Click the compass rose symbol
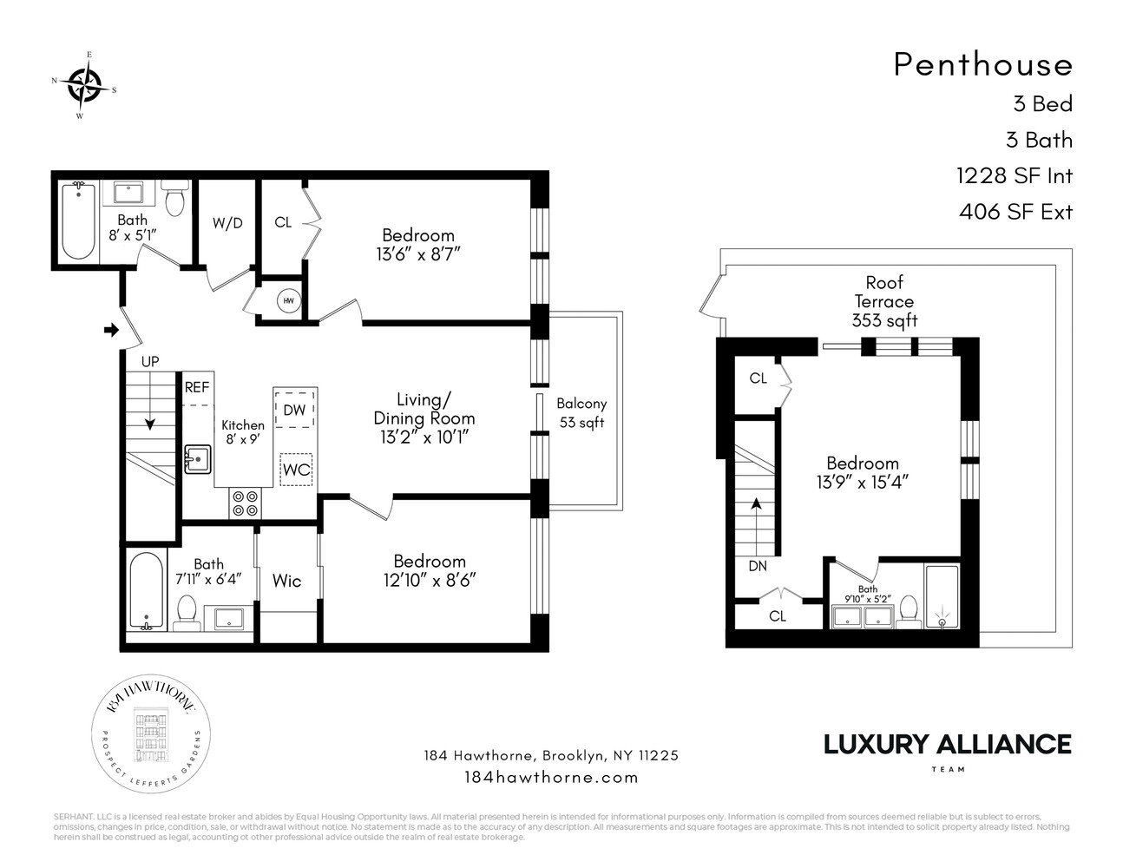click(x=84, y=85)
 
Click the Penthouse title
click(x=982, y=64)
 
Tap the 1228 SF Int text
click(x=1014, y=176)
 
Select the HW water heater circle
click(x=288, y=301)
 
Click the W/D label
click(x=227, y=223)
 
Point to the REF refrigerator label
click(x=197, y=388)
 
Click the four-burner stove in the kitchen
click(x=246, y=503)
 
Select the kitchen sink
click(x=197, y=459)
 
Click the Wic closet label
click(x=286, y=580)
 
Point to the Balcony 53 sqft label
click(x=581, y=413)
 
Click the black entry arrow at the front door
click(x=110, y=330)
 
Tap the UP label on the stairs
click(x=150, y=361)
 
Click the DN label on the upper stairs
click(x=757, y=565)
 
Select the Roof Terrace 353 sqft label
click(x=883, y=301)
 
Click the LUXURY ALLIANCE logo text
click(x=947, y=744)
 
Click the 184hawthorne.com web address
click(x=551, y=777)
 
